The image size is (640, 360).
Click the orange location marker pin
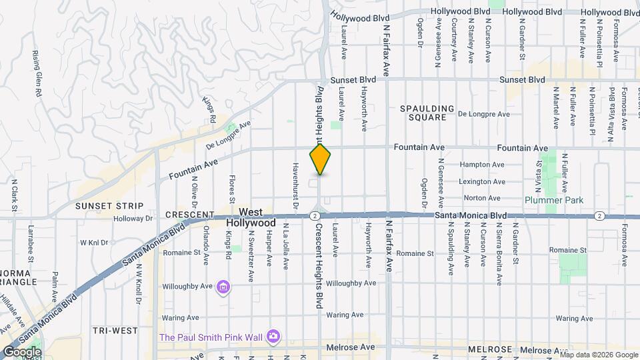click(x=321, y=159)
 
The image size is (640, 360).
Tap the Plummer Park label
click(x=563, y=200)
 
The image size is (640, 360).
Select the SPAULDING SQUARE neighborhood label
click(x=427, y=113)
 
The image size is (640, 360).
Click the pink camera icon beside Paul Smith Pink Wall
click(x=273, y=335)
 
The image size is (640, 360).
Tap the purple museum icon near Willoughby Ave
click(x=224, y=287)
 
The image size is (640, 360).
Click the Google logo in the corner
click(x=22, y=352)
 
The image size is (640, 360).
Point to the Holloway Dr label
click(x=133, y=218)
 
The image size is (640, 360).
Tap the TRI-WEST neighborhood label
click(x=115, y=331)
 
